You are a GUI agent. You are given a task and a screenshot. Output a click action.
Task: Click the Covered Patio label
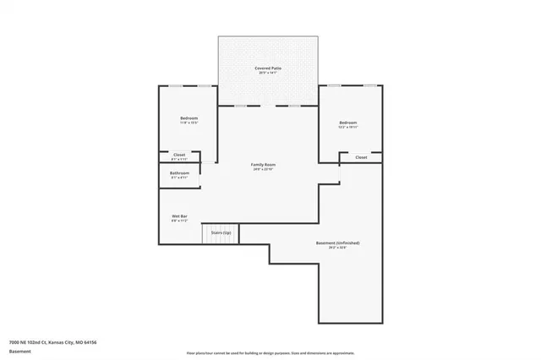click(269, 68)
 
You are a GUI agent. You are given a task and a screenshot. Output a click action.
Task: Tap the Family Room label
click(264, 164)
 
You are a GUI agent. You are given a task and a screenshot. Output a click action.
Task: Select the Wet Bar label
click(179, 216)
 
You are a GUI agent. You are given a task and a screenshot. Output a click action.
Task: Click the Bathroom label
click(179, 172)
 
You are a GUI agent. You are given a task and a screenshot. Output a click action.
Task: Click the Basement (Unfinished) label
click(337, 243)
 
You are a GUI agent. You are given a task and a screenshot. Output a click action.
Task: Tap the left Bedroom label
click(189, 117)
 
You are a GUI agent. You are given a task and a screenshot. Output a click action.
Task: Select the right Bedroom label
click(348, 123)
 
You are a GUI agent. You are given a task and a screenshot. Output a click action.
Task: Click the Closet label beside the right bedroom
click(361, 157)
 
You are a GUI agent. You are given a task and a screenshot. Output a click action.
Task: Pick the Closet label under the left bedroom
click(179, 155)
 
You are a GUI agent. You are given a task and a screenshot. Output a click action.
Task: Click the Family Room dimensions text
click(264, 169)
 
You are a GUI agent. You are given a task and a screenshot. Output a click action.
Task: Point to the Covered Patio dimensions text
click(269, 73)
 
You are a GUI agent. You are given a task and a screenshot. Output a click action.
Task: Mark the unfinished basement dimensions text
click(337, 248)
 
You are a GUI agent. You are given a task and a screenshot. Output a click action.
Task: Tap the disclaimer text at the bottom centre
click(270, 352)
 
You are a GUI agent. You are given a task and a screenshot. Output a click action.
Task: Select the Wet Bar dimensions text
click(179, 221)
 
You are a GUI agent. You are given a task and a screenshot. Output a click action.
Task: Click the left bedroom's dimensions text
click(189, 123)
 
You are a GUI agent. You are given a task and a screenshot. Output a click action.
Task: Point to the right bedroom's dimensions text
click(348, 128)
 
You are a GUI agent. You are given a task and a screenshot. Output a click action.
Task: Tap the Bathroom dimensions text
click(179, 177)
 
